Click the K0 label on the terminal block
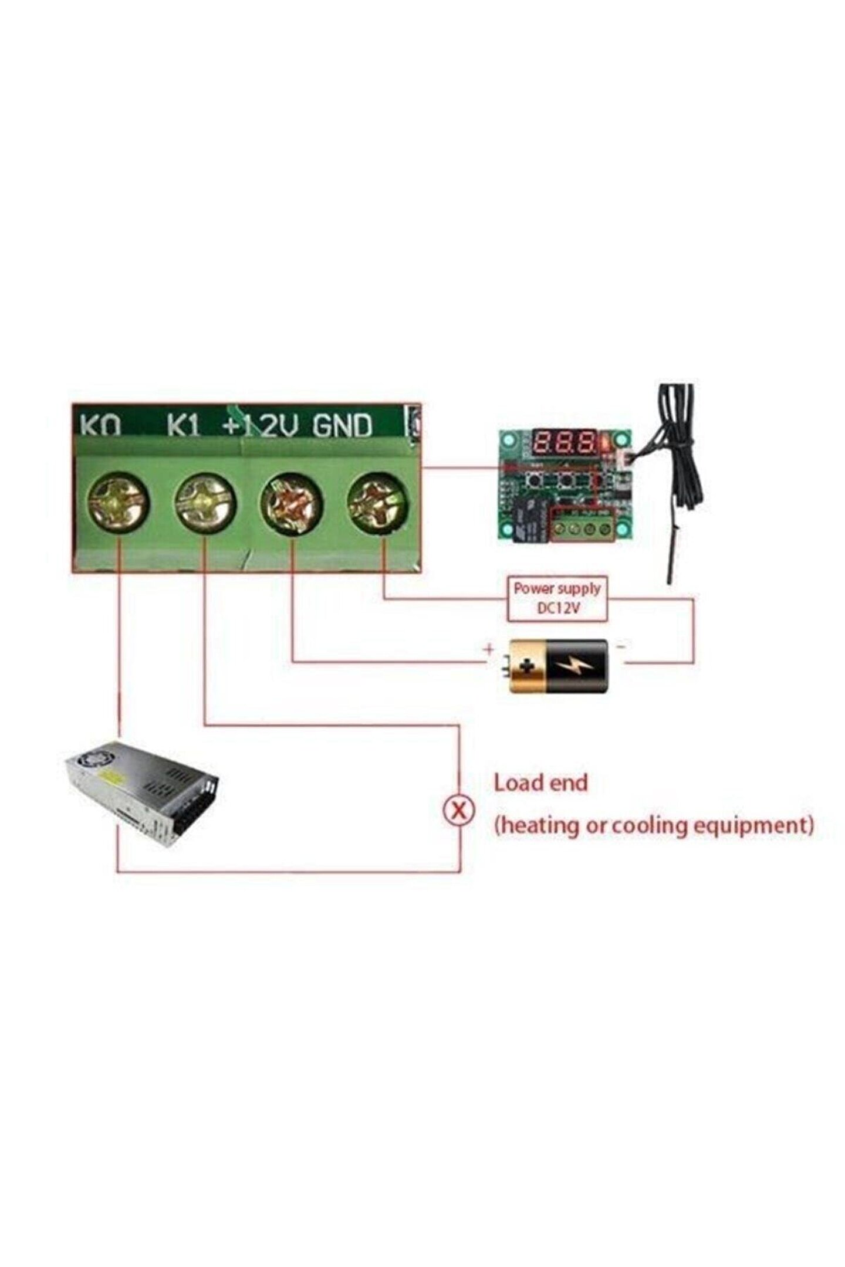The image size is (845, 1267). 100,426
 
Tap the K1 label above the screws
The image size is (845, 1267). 184,426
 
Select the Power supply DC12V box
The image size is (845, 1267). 557,598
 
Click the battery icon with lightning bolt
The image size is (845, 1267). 557,666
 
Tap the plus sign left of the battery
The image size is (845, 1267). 488,649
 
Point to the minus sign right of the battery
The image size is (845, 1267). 621,646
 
